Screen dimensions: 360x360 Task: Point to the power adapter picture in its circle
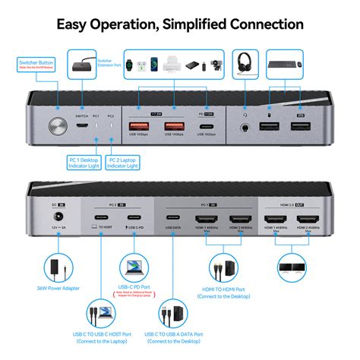click(x=55, y=267)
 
